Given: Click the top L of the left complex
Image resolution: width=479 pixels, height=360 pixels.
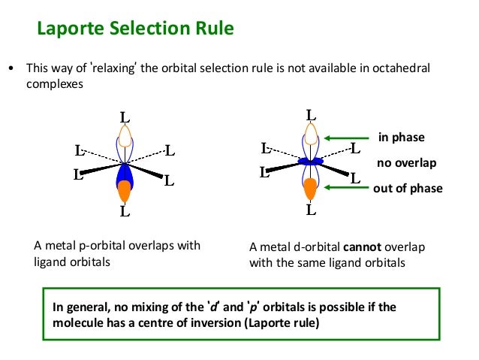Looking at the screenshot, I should tap(125, 117).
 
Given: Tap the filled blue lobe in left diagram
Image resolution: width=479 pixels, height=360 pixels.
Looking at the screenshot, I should tap(125, 174).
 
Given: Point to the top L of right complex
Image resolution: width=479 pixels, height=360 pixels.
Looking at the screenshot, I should tap(310, 115).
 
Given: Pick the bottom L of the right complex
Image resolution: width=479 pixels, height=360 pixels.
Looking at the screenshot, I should tap(310, 208).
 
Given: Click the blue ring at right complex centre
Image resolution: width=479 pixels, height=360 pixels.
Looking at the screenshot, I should tap(310, 161).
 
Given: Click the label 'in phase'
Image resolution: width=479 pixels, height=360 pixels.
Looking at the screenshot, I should tap(402, 138).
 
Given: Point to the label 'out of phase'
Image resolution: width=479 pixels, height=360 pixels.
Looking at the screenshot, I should tap(408, 189).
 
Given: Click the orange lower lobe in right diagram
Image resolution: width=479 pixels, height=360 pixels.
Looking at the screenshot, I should tap(310, 189).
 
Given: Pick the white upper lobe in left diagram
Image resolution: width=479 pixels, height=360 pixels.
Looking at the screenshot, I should tap(125, 137).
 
